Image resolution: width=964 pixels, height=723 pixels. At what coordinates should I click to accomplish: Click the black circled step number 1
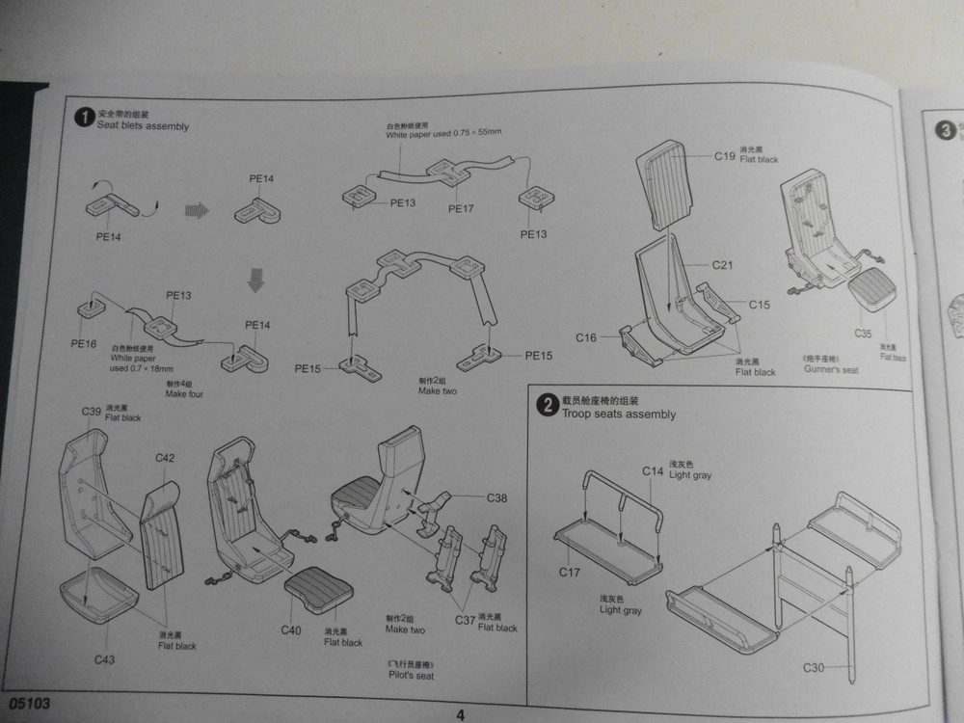click(84, 118)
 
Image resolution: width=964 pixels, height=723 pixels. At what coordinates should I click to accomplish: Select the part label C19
click(725, 155)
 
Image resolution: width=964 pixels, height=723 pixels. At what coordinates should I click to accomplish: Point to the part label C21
click(723, 264)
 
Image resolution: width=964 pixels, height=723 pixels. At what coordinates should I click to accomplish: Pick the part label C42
click(165, 458)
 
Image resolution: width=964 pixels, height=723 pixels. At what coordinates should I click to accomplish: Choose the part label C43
click(105, 659)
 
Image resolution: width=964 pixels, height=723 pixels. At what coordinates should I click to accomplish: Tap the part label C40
click(291, 629)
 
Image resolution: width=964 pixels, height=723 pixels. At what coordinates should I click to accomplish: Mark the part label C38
click(497, 498)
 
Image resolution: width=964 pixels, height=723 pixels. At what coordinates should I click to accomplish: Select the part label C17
click(571, 573)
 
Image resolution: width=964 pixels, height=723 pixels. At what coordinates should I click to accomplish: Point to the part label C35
click(863, 334)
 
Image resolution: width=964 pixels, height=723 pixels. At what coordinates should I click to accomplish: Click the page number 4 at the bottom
click(460, 714)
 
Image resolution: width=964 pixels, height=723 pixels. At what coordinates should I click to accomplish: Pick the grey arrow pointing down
click(256, 280)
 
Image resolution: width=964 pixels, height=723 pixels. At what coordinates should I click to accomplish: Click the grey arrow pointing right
click(197, 210)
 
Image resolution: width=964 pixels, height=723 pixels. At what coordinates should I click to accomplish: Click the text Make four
click(184, 394)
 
